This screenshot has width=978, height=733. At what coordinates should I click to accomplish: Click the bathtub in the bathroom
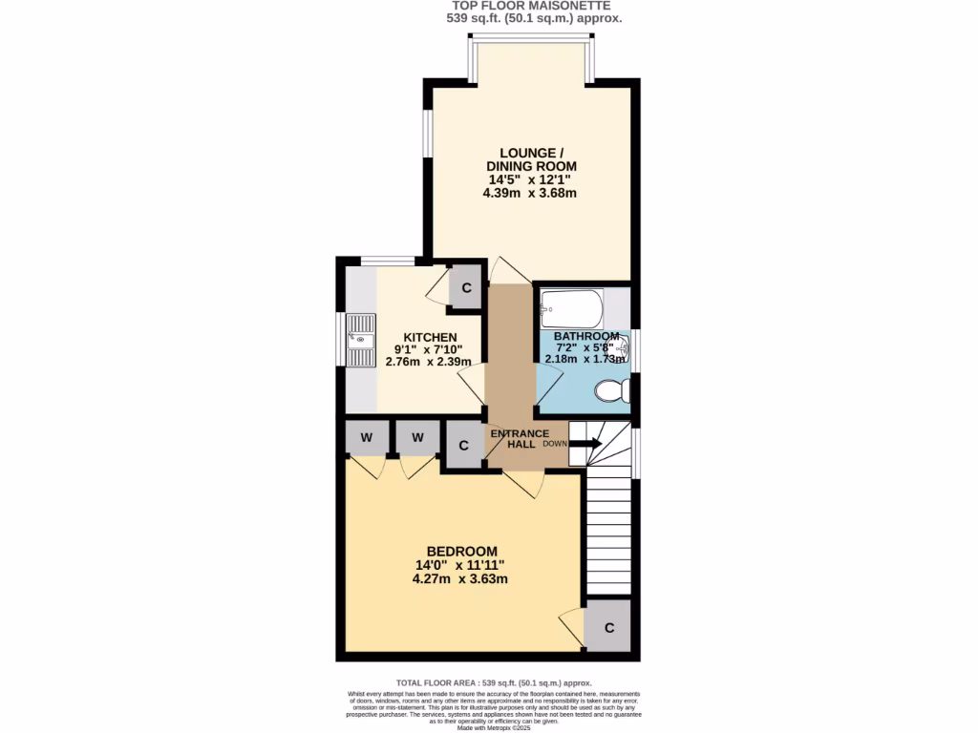[x=571, y=308]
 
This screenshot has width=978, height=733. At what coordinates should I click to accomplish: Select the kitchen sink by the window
[x=363, y=340]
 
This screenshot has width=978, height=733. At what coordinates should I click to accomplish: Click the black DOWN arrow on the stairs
[x=585, y=444]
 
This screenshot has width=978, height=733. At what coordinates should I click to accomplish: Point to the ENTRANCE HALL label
[x=519, y=440]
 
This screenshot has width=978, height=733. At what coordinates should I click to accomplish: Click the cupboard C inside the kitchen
[x=466, y=287]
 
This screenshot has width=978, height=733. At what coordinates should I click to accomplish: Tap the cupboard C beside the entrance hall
[x=464, y=445]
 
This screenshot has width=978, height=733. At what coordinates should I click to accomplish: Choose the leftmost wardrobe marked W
[x=366, y=438]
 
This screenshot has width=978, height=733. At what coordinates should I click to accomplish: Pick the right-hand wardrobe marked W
[x=417, y=438]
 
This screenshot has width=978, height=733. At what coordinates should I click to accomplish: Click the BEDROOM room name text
[x=461, y=552]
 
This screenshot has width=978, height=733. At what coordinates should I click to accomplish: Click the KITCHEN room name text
[x=430, y=338]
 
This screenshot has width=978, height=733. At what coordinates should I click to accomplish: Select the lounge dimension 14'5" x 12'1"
[x=529, y=179]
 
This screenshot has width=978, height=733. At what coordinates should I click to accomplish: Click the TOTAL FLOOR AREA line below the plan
[x=494, y=683]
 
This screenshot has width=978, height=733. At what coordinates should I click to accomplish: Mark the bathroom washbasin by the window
[x=622, y=349]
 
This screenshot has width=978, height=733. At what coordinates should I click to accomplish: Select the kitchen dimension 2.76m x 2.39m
[x=430, y=362]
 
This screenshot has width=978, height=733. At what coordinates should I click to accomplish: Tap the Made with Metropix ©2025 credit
[x=494, y=728]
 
